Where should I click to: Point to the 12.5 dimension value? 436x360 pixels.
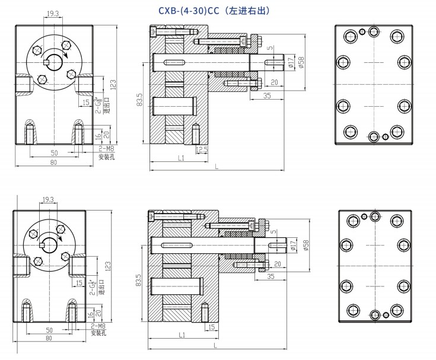click(202, 150)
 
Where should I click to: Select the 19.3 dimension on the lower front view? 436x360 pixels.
click(48, 200)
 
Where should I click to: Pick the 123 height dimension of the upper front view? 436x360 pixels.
click(113, 84)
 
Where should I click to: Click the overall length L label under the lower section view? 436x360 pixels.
click(215, 345)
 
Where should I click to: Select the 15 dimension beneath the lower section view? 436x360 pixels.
click(211, 327)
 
